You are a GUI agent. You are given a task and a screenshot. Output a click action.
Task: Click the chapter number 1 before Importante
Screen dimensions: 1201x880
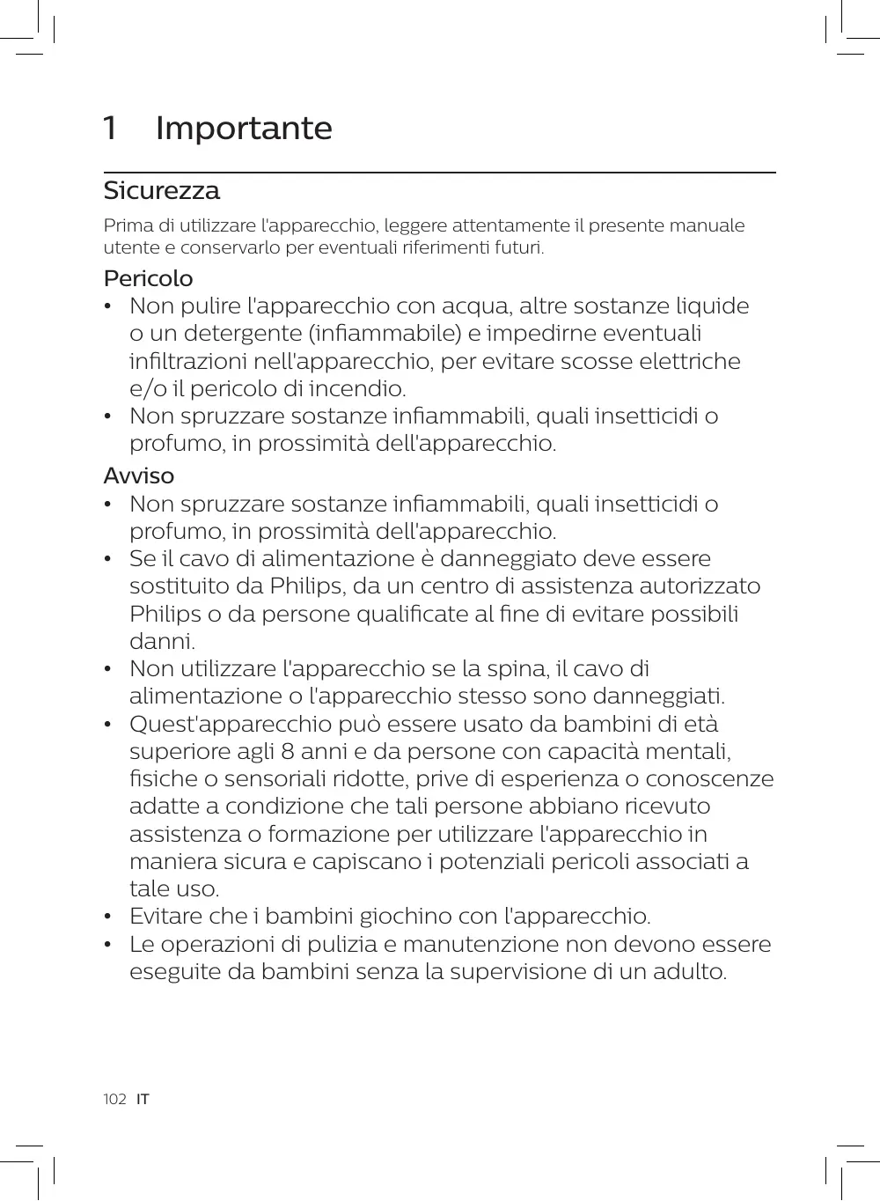[x=110, y=129]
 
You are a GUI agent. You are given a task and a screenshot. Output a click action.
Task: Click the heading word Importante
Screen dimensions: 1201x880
[x=244, y=129]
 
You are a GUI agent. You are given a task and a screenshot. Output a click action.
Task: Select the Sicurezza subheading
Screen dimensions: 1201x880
[x=162, y=190]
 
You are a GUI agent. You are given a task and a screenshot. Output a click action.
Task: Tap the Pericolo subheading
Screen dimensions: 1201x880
[x=148, y=278]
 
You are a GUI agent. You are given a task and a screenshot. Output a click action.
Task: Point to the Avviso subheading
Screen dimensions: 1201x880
[x=139, y=475]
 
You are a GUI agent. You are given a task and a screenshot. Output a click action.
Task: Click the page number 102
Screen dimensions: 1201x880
[x=114, y=1099]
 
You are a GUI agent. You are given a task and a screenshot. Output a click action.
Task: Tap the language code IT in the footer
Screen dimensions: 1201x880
[x=143, y=1099]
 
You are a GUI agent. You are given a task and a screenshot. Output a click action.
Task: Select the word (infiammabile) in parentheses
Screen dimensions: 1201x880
[x=384, y=335]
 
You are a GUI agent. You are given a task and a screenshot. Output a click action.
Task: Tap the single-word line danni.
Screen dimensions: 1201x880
[x=162, y=642]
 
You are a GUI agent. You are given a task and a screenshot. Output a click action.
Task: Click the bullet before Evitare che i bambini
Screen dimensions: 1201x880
[x=107, y=917]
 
